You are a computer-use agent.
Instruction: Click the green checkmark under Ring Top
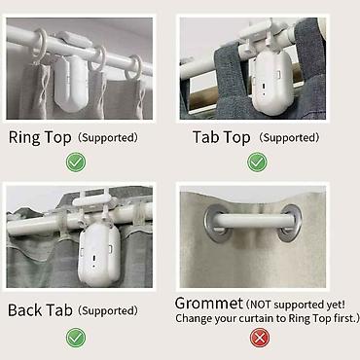click(76, 162)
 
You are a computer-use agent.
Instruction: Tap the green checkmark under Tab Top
click(257, 162)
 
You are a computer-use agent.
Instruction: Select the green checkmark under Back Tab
click(76, 338)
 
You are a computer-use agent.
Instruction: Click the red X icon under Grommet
click(260, 338)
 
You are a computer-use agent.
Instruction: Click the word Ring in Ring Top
click(24, 137)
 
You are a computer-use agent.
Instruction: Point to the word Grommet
click(209, 304)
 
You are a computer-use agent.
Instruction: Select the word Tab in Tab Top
click(205, 137)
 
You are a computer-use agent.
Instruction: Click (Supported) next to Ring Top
click(108, 138)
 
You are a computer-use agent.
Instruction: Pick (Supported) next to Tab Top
click(289, 138)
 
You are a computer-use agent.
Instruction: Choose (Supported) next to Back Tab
click(108, 310)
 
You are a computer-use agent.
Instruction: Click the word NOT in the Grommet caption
click(261, 305)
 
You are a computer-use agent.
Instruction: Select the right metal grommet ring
click(290, 224)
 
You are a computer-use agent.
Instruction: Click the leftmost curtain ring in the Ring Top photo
click(40, 46)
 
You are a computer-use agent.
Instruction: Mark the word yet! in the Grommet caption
click(336, 306)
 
